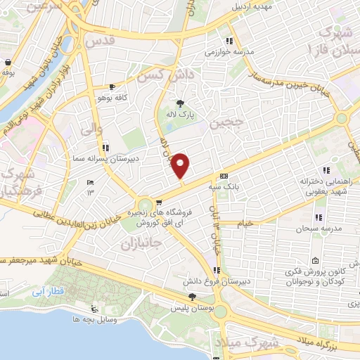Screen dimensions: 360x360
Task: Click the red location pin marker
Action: pos(181,166)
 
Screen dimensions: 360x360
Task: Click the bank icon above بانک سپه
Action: pos(224,176)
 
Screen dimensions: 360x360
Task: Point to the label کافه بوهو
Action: pos(112,98)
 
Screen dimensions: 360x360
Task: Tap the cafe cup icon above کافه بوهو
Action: pos(112,87)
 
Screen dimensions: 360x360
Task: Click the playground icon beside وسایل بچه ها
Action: pos(94,309)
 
